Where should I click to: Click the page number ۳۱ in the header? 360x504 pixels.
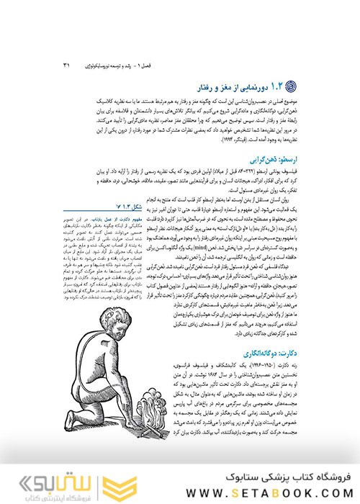pos(67,67)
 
